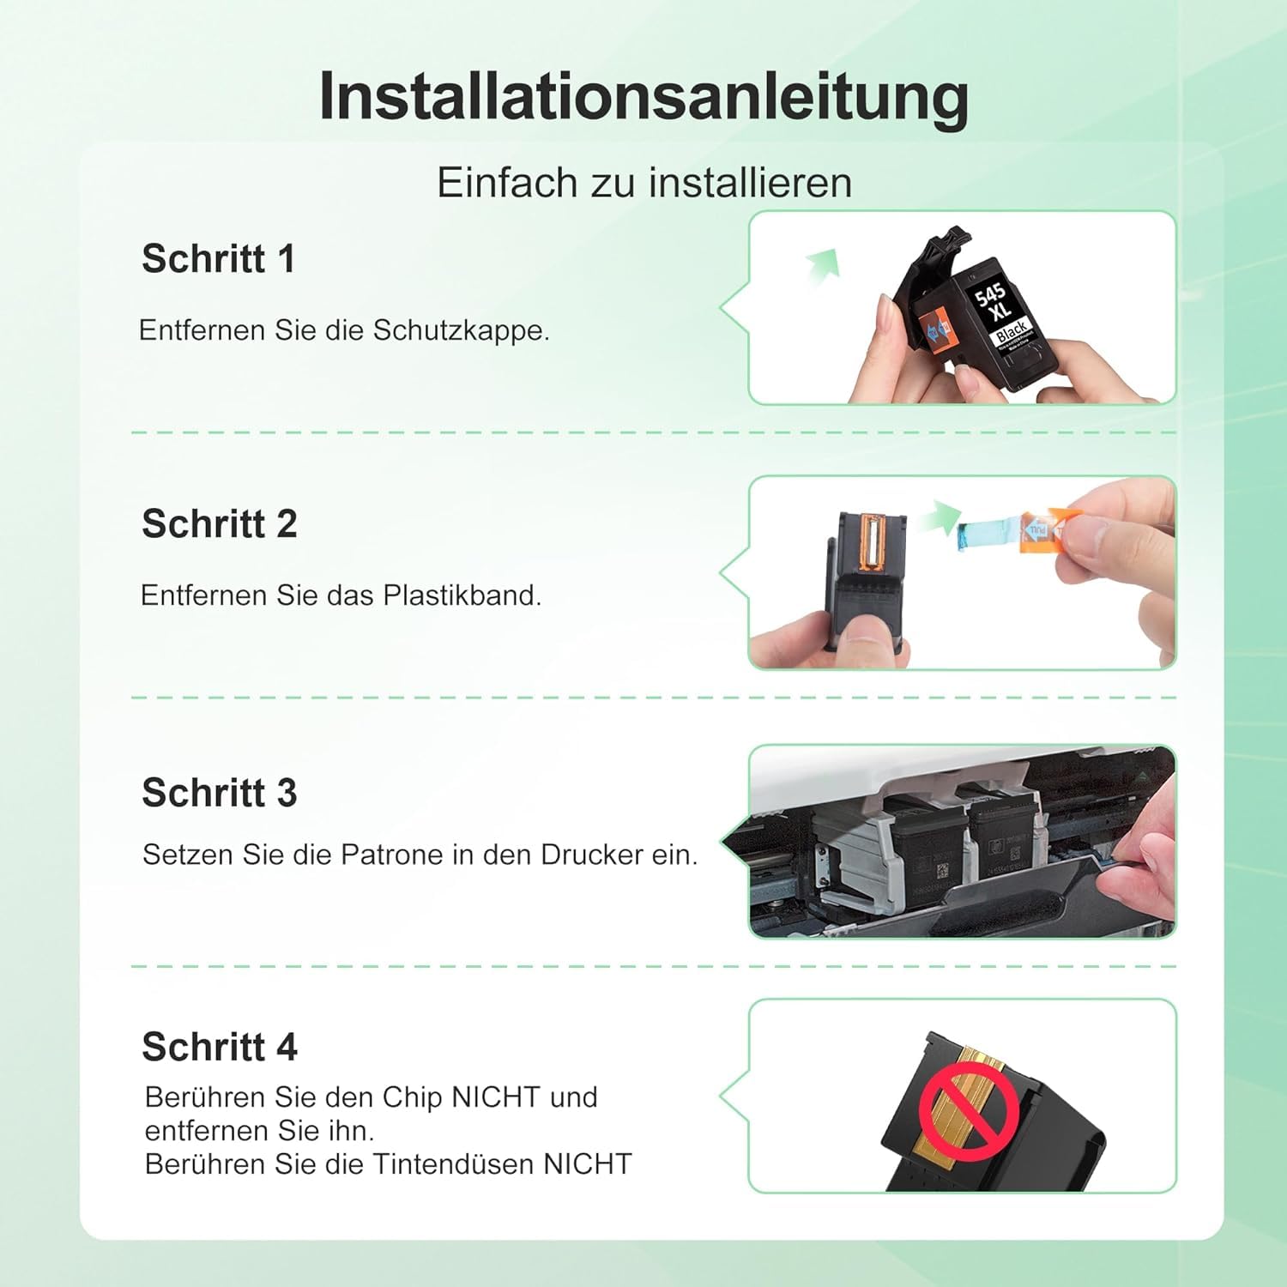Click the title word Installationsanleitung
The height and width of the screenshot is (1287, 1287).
pos(643,96)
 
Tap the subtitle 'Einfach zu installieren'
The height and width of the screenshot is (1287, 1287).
pos(644,182)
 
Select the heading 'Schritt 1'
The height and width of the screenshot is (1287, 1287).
pos(218,258)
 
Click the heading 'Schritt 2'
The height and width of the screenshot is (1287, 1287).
pos(219,523)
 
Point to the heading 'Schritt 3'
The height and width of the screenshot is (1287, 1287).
pos(219,792)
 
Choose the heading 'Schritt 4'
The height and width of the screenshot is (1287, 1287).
pos(219,1047)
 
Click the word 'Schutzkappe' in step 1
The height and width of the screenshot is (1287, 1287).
pos(460,331)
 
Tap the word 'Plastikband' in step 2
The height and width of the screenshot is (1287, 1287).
pos(462,595)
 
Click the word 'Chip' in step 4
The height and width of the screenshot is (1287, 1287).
pos(413,1097)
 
